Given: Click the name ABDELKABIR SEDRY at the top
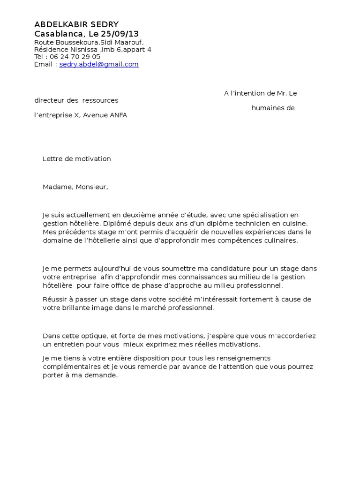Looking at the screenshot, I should [x=76, y=24].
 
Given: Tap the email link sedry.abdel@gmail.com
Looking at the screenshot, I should [x=99, y=64].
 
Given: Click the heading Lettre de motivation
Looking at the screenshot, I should [x=77, y=159].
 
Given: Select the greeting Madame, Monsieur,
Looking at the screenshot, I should [x=75, y=187].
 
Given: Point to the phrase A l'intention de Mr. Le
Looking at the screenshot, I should [x=260, y=93].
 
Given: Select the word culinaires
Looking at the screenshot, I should [x=280, y=240].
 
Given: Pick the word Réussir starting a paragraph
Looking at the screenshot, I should [x=55, y=300].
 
